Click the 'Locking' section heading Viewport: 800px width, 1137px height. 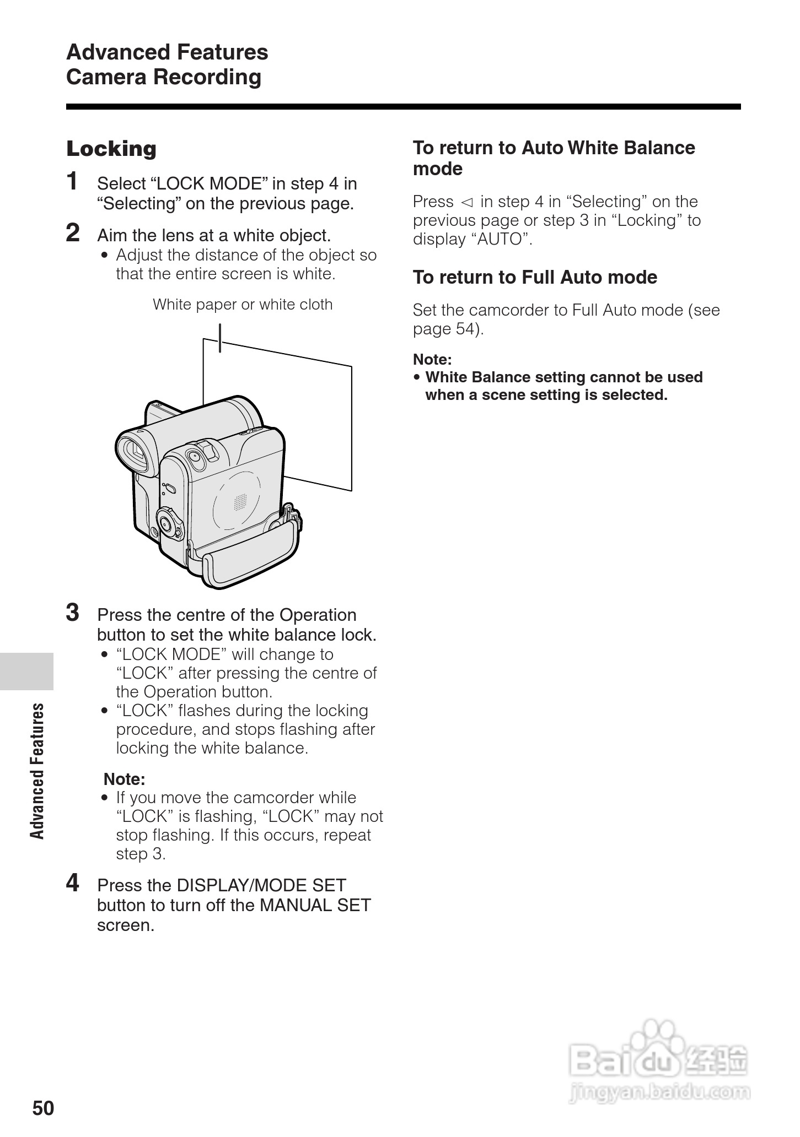coord(111,149)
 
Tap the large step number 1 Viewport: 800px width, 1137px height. coord(72,181)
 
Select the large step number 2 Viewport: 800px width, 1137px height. coord(73,233)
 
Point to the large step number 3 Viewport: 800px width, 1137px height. coord(73,613)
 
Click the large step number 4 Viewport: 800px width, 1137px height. coord(73,883)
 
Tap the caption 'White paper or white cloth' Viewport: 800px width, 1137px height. coord(243,305)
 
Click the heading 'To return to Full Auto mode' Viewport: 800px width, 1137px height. coord(535,277)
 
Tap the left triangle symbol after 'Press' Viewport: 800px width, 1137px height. coord(467,202)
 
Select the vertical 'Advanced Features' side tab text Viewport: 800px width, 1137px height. coord(37,771)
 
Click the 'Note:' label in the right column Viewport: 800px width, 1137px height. coord(432,360)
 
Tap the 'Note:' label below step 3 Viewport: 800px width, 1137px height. coord(124,779)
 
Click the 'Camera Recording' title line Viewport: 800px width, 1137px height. coord(164,77)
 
